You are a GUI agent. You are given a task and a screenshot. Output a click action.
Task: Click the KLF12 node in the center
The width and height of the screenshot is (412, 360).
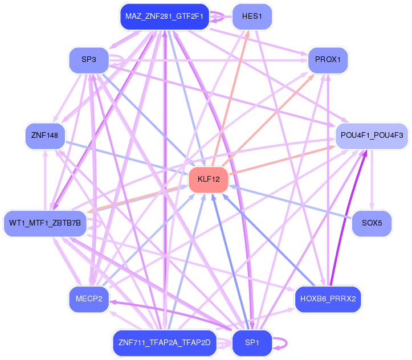[209, 179]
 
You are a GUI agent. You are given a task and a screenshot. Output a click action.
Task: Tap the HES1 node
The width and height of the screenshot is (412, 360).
[252, 17]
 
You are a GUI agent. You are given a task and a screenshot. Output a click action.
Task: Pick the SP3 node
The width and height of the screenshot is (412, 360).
[88, 59]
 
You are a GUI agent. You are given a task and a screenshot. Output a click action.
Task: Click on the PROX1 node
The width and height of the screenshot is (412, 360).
[328, 59]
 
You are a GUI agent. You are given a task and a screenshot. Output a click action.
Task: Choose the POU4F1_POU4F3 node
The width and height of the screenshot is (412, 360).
[372, 136]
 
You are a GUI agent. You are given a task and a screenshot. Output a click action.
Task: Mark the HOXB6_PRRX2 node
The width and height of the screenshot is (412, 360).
[328, 299]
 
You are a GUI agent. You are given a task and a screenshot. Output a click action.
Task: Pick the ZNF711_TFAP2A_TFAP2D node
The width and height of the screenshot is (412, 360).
[164, 342]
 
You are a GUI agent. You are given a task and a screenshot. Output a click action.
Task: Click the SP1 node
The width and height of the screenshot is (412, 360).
[252, 342]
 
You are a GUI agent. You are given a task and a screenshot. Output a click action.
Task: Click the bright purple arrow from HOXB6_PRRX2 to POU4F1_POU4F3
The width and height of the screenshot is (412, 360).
[349, 228]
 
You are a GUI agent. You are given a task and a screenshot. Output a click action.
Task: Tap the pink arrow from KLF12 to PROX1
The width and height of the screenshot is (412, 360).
[268, 120]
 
